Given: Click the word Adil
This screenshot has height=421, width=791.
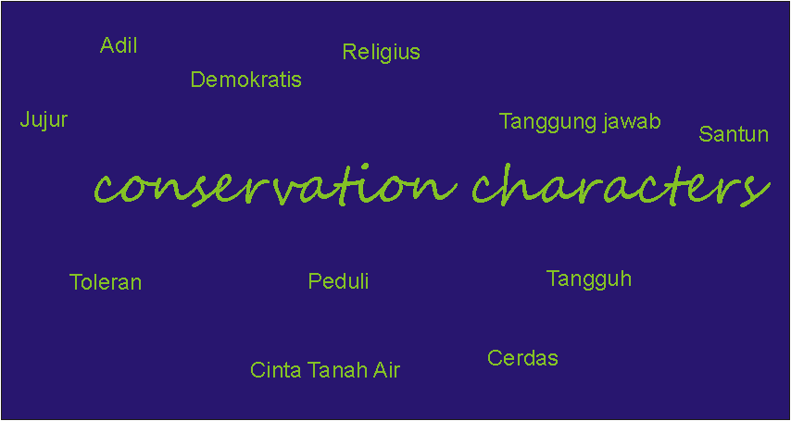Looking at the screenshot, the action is (x=119, y=45).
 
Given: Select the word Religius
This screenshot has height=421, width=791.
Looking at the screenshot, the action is (x=381, y=52).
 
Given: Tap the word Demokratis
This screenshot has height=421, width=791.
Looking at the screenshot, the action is (x=246, y=80).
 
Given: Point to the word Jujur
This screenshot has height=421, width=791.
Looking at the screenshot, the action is (x=44, y=121).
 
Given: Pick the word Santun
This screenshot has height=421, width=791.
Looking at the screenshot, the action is (x=734, y=134).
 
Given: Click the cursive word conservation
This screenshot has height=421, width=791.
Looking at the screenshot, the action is (x=275, y=187).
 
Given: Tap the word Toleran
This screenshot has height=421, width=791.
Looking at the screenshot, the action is (x=106, y=282).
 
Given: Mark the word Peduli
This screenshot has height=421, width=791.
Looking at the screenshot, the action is (x=338, y=281).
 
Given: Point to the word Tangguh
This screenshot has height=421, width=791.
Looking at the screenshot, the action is (x=589, y=279).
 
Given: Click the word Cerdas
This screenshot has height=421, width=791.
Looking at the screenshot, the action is (x=522, y=358).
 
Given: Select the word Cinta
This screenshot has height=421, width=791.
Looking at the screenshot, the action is (x=276, y=370).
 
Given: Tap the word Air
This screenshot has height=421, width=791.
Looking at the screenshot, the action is (x=386, y=370).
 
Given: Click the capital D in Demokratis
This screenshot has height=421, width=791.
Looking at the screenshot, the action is (x=198, y=80).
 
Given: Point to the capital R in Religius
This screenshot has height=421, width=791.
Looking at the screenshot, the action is (x=349, y=52).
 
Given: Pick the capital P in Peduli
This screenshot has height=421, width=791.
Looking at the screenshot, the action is (x=315, y=281).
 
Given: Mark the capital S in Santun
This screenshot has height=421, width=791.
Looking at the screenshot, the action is (x=706, y=134).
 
